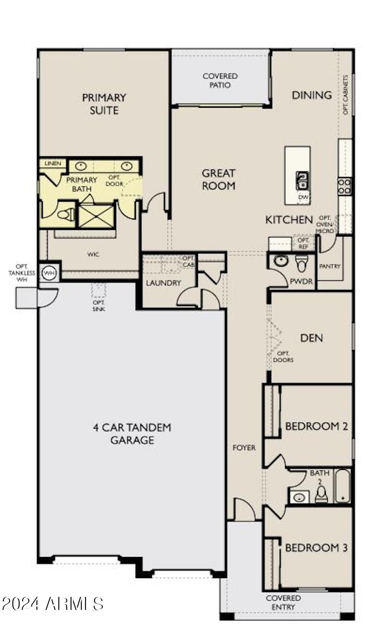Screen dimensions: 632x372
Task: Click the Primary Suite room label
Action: click(104, 103)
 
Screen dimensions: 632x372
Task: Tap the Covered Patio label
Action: click(220, 80)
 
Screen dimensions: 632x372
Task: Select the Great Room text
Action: click(219, 179)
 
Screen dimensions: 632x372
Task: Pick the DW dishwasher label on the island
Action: click(302, 197)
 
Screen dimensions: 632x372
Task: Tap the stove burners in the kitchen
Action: click(345, 186)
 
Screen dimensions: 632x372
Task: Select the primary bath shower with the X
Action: click(96, 216)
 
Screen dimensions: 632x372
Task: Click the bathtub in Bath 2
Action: click(343, 486)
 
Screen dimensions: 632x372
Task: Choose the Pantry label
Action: click(330, 266)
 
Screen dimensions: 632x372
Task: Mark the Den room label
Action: click(311, 338)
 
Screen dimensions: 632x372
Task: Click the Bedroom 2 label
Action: click(316, 426)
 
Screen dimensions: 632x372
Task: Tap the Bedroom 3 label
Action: click(316, 548)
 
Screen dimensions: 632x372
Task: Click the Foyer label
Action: click(245, 448)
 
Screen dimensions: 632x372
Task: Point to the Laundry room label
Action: click(163, 283)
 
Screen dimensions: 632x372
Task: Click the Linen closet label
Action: click(53, 164)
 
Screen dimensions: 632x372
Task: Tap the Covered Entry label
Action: click(284, 602)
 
